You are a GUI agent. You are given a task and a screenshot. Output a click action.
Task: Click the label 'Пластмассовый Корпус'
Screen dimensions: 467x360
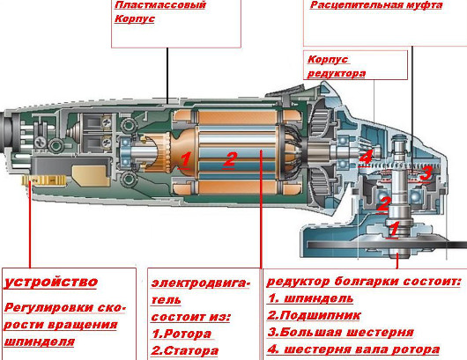coord(160,12)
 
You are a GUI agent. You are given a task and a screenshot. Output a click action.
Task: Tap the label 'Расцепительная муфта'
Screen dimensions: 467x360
coord(376,5)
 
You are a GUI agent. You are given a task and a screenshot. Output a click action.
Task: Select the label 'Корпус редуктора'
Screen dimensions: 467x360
coord(337,66)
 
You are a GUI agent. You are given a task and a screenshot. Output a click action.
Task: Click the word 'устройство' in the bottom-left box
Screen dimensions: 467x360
coord(50,282)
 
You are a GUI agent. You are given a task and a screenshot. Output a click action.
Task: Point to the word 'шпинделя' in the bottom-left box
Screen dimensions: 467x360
coord(39,342)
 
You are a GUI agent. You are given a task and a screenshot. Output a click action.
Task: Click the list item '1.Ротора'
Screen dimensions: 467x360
coord(182,334)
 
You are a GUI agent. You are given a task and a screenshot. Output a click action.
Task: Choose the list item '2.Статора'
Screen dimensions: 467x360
coord(185,351)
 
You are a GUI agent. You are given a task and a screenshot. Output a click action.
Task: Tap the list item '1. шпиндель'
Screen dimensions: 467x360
coord(311,298)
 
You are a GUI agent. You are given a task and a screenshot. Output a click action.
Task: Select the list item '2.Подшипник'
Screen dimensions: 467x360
coord(314,315)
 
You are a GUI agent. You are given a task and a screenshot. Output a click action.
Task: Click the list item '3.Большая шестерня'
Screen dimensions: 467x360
coord(341,333)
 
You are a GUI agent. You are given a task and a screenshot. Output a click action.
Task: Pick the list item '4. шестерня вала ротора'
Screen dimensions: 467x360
coord(353,349)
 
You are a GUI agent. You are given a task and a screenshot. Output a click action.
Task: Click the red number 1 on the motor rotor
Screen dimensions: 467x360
coord(185,160)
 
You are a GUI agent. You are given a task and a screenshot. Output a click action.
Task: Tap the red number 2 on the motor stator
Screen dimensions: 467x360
coord(230,160)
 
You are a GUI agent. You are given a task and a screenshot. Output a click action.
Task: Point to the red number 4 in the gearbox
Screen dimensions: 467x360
coord(366,157)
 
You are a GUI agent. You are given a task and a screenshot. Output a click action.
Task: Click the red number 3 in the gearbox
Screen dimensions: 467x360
coord(426,173)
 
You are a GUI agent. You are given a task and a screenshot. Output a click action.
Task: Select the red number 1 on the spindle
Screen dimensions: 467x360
coord(393,229)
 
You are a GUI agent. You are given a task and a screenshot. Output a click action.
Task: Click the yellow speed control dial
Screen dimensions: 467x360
coord(44,180)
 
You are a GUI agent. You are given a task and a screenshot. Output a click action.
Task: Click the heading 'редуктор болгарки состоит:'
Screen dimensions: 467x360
coord(363,282)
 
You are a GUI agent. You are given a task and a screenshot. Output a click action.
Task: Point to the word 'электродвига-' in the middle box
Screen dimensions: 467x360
coord(200,283)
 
